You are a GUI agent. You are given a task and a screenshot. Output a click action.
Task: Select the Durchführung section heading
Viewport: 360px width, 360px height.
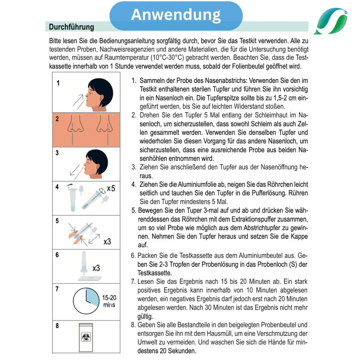[x=71, y=27]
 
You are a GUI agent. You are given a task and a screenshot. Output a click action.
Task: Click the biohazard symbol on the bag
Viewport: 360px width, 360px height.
[x=86, y=337]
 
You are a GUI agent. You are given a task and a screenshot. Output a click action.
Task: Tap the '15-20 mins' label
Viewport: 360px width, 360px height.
[x=109, y=301]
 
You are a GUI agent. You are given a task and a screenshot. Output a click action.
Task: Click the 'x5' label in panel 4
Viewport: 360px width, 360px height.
[x=111, y=188]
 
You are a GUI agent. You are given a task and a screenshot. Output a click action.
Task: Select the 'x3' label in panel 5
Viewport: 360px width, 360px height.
[x=107, y=242]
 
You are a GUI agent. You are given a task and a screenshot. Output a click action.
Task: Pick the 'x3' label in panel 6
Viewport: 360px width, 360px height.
[x=96, y=268]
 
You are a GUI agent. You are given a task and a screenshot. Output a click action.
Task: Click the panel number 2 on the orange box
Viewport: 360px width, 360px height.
[x=57, y=119]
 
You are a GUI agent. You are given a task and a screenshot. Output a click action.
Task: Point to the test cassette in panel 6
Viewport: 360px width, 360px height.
[x=90, y=278]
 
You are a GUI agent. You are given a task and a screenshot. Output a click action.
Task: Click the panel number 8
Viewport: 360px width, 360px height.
[x=57, y=326]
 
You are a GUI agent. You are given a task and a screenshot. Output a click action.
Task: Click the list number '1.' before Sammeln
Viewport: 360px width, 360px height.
[x=134, y=81]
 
